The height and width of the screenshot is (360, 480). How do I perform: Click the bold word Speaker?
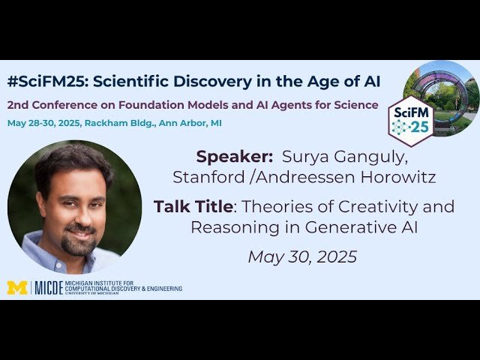(234, 157)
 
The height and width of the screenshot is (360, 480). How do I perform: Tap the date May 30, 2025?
(302, 256)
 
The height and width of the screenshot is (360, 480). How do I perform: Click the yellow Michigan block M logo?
(16, 288)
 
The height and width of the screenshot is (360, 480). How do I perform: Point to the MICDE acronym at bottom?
(52, 288)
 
